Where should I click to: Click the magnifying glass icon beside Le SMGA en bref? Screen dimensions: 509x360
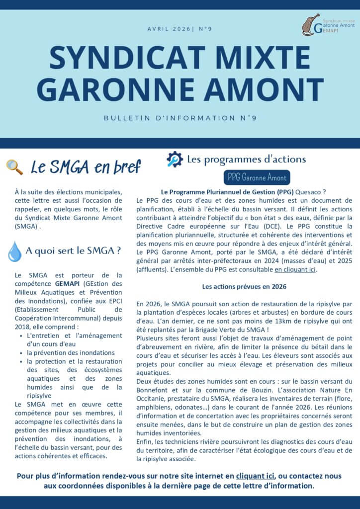pyautogui.click(x=14, y=168)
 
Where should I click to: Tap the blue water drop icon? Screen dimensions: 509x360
pyautogui.click(x=14, y=252)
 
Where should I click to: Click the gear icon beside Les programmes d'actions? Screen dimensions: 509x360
pyautogui.click(x=175, y=159)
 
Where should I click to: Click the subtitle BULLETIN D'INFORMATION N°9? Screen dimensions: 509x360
pyautogui.click(x=180, y=118)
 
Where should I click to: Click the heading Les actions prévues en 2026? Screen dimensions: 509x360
pyautogui.click(x=244, y=287)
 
